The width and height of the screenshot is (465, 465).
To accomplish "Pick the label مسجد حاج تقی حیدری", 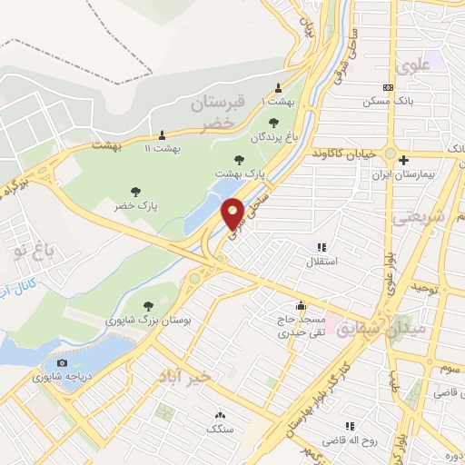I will (300, 326).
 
